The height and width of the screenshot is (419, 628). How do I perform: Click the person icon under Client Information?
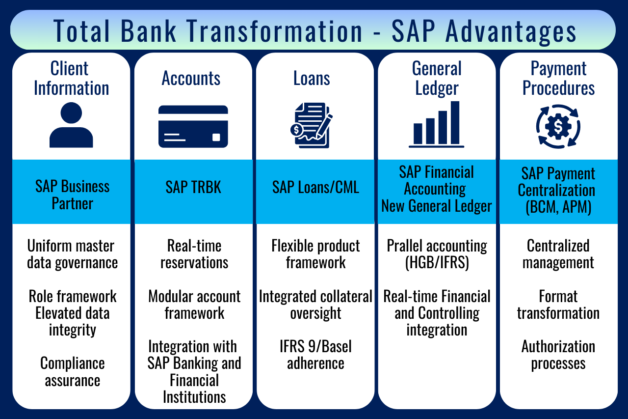[71, 125]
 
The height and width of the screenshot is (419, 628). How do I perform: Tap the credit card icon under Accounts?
[193, 127]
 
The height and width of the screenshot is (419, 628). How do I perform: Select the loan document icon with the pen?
[312, 125]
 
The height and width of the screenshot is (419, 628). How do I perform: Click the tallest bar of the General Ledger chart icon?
[455, 123]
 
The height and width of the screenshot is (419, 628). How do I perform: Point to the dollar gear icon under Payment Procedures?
[558, 127]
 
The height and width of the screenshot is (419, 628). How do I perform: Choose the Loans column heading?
[312, 78]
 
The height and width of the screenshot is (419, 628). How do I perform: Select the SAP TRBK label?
[193, 187]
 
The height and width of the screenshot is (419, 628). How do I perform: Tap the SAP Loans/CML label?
[315, 187]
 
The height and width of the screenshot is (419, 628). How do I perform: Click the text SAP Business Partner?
[72, 195]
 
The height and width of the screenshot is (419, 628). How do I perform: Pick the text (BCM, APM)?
[558, 207]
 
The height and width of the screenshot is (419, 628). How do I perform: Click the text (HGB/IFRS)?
[437, 263]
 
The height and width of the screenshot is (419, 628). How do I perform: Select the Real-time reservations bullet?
[194, 254]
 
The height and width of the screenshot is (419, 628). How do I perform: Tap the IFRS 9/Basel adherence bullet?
[315, 355]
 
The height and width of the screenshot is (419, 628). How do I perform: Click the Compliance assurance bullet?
[72, 372]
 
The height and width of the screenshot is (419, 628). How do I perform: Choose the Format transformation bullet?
[558, 305]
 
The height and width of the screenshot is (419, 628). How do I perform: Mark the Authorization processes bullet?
[558, 355]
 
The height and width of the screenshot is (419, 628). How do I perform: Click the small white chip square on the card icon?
[216, 137]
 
